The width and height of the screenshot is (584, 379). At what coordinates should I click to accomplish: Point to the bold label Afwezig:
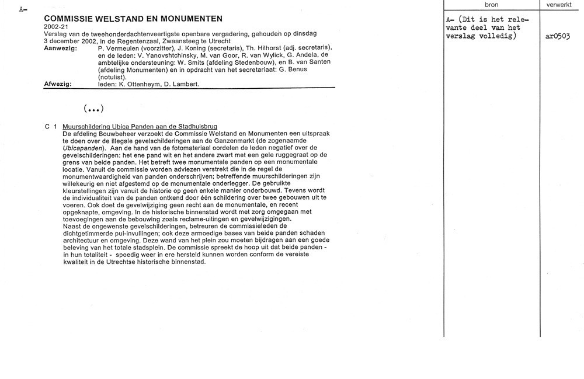pyautogui.click(x=57, y=84)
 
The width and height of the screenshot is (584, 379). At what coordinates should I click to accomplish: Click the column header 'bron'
pyautogui.click(x=491, y=5)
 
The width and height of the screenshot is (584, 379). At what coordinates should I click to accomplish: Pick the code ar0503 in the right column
pyautogui.click(x=558, y=36)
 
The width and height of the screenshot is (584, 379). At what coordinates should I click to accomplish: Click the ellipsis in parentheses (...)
pyautogui.click(x=93, y=108)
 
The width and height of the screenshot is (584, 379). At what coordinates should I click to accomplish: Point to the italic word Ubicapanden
pyautogui.click(x=82, y=148)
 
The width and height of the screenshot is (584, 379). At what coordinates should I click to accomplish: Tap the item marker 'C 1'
pyautogui.click(x=50, y=127)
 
